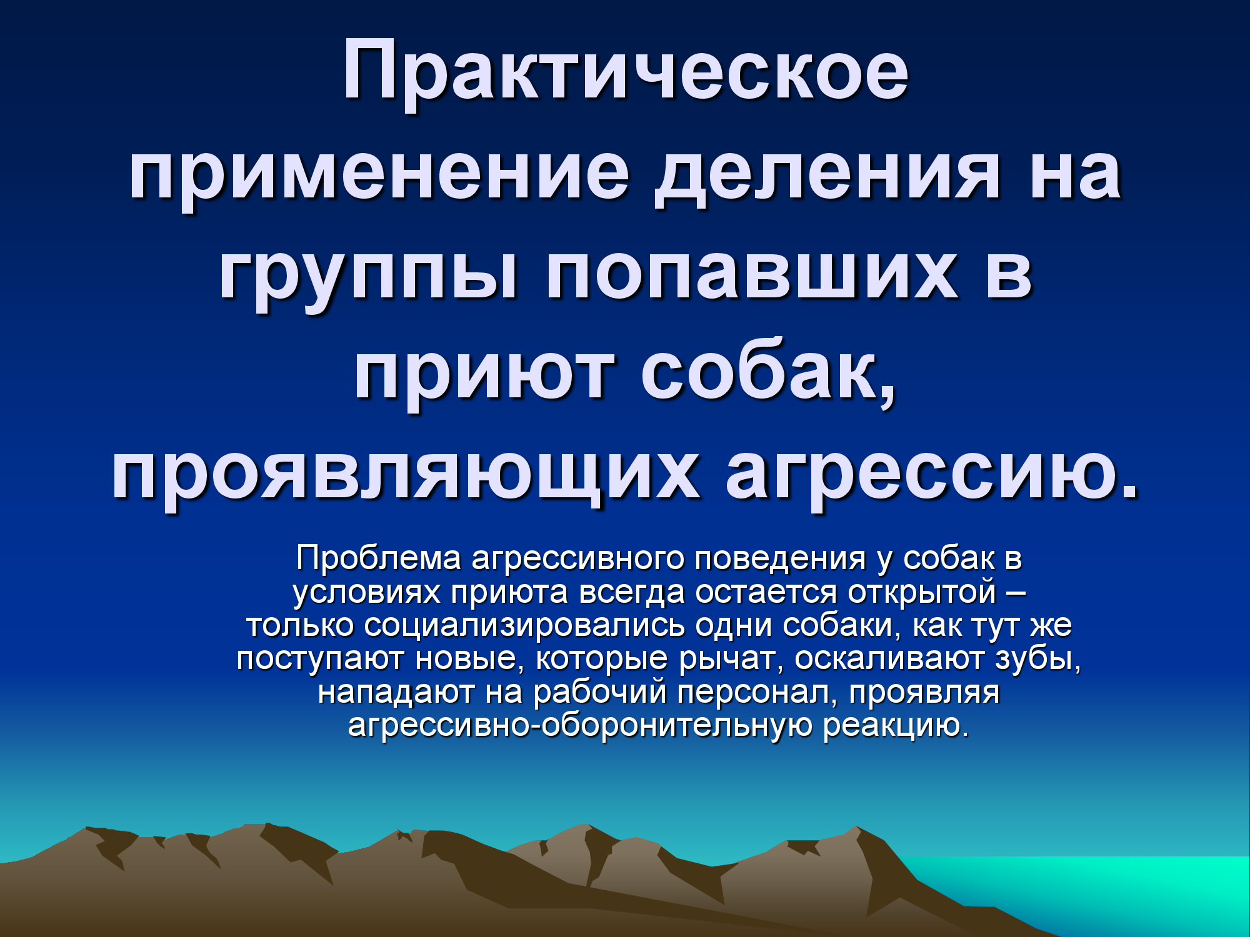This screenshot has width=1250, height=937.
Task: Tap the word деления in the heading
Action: coord(828,175)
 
